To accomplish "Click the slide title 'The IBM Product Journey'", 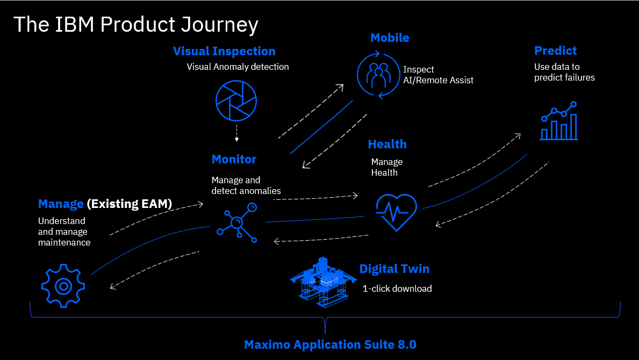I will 135,25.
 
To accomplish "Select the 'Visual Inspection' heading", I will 224,51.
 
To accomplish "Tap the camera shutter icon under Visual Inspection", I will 236,100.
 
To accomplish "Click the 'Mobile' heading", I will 390,38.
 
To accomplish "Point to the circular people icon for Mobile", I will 379,75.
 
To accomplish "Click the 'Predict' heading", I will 555,51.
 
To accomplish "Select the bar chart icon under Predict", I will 559,121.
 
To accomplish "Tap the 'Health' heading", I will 387,144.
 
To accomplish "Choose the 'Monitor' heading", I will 234,159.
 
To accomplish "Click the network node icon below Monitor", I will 237,223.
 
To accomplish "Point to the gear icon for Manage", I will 63,285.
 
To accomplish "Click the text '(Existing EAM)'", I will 130,204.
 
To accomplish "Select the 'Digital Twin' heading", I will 394,269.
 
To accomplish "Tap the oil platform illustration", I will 322,282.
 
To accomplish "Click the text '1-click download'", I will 397,289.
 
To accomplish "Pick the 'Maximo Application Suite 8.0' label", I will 330,344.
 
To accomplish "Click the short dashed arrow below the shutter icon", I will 236,134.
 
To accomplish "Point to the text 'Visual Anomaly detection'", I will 238,67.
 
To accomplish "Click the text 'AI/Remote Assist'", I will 438,80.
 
